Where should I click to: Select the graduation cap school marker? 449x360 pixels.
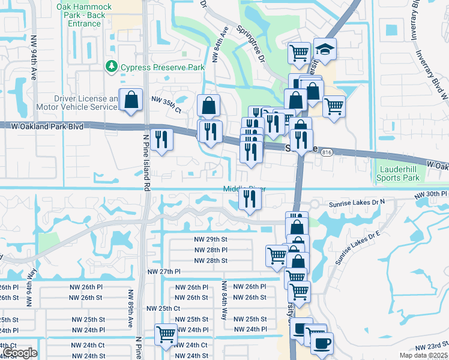[x=325, y=50]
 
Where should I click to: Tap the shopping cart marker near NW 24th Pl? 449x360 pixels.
[x=165, y=334]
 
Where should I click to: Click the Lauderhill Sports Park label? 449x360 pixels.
[x=397, y=174]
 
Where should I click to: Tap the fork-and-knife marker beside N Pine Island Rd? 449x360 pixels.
[x=161, y=140]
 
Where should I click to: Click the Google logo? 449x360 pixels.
[x=19, y=353]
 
